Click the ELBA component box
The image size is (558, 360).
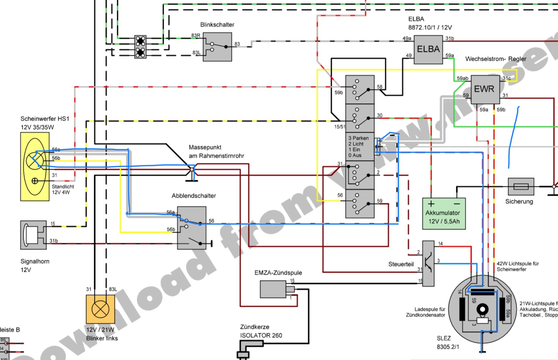click(428, 49)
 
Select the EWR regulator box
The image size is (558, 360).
click(484, 89)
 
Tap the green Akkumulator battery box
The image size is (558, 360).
click(444, 213)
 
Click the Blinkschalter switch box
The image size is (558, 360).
click(217, 47)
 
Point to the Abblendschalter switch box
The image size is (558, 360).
click(192, 228)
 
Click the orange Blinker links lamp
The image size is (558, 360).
click(100, 309)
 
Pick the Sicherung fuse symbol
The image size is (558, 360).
click(521, 186)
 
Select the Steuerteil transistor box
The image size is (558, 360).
click(428, 263)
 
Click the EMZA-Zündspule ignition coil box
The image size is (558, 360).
click(273, 289)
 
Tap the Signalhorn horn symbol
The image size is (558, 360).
click(33, 235)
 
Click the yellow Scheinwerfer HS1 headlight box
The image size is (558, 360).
click(35, 166)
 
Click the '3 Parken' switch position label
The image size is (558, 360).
click(358, 138)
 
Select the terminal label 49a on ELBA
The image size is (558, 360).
click(407, 38)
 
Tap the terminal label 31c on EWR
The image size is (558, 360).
click(507, 78)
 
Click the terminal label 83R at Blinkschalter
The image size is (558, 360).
click(196, 35)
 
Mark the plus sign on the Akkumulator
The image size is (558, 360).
click(431, 204)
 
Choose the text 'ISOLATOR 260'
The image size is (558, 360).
click(261, 335)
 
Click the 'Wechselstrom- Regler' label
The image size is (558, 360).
click(496, 59)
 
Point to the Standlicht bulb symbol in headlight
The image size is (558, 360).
click(35, 181)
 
